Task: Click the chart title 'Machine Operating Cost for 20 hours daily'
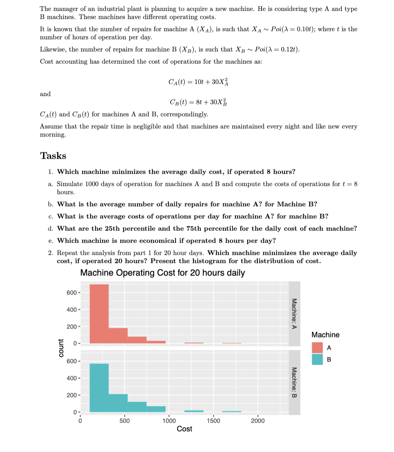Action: (x=162, y=273)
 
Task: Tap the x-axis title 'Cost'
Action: (x=184, y=429)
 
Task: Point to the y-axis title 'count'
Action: (x=61, y=348)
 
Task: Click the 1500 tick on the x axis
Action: (x=214, y=421)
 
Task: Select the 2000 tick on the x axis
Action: (x=258, y=421)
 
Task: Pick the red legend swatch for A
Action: (x=317, y=348)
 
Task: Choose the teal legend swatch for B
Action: (x=317, y=359)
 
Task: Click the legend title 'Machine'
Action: (x=325, y=335)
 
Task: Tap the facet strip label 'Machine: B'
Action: (x=295, y=382)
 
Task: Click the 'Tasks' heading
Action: (x=53, y=156)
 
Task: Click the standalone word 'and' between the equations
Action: (x=45, y=94)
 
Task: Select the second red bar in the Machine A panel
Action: (x=118, y=336)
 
